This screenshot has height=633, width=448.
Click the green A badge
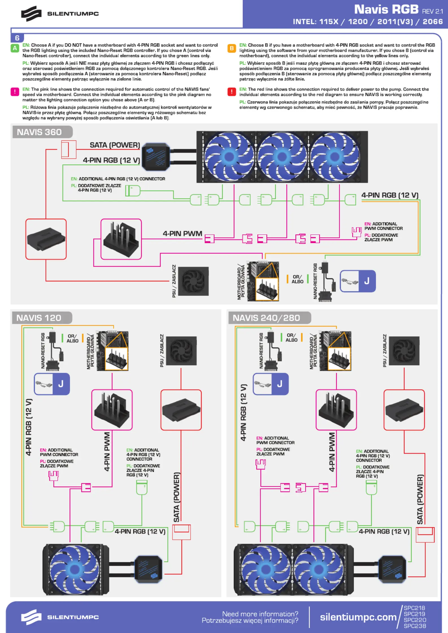click(15, 48)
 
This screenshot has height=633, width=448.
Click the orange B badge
click(232, 48)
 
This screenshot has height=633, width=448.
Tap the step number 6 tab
click(17, 38)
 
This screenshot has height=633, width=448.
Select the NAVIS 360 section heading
click(39, 132)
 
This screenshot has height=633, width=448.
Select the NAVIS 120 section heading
click(39, 318)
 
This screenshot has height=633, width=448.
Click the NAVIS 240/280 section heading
click(266, 318)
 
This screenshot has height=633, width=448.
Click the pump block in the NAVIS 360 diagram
click(156, 156)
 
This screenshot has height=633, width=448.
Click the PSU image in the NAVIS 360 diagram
click(193, 281)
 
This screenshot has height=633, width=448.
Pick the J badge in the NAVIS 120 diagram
click(52, 384)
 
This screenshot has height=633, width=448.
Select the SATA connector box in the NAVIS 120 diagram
click(181, 410)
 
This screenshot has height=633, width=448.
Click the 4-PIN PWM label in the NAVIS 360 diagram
click(182, 233)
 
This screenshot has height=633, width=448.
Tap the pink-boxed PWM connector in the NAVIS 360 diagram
click(121, 239)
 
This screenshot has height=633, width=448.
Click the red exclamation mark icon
click(232, 92)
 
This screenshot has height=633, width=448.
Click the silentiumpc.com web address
click(358, 617)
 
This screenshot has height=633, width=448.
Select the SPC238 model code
click(415, 626)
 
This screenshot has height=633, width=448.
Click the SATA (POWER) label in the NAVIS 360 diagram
click(115, 145)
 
